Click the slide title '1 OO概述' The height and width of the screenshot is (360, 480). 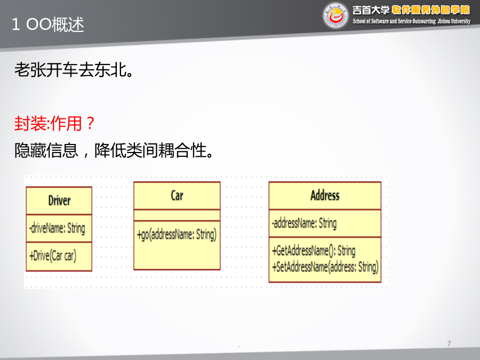pos(48,24)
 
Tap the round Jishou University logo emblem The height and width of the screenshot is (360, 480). pos(335,15)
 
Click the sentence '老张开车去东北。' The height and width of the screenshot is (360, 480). pos(74,69)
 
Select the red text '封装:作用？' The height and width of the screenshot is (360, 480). pos(54,123)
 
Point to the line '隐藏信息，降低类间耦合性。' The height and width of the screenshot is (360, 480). pos(114,150)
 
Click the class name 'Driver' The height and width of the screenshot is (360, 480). pos(59,201)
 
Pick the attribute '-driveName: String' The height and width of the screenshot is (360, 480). pos(57,228)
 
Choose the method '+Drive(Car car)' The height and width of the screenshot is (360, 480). pos(53,255)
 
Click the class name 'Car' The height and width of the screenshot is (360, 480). pos(177,196)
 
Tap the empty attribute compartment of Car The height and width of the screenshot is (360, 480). pos(177,215)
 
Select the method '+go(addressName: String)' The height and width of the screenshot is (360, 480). pos(177,235)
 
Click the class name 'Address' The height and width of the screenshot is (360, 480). pos(325,195)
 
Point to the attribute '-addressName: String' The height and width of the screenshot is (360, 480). pos(305,223)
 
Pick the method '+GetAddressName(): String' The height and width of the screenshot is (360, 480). pos(314,251)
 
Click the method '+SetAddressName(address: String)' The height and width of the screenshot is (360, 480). pos(325,267)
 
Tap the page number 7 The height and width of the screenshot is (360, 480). pos(449,343)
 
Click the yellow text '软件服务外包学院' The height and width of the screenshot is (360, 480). pos(431,10)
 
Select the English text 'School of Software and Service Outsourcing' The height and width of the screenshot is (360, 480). pos(394,21)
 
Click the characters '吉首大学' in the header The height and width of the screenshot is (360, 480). pos(371,10)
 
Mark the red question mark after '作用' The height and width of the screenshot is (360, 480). pos(90,123)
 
